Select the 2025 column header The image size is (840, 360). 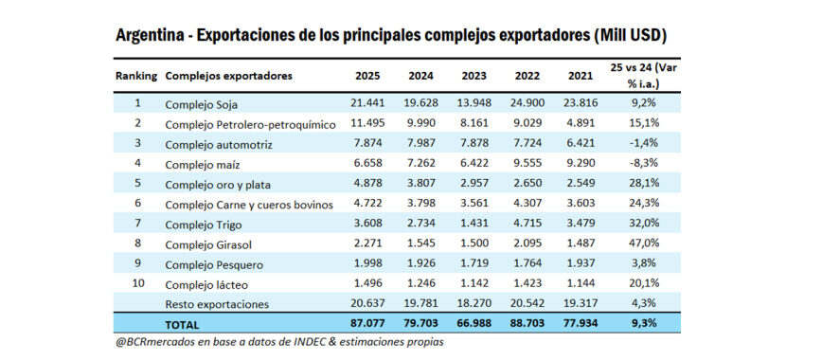[x=367, y=75]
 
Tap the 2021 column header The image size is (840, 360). [x=581, y=75]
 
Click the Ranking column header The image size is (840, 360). [x=136, y=75]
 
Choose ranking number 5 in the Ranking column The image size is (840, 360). [x=137, y=184]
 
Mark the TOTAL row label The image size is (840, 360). [x=184, y=323]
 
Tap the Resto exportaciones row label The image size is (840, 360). [x=217, y=304]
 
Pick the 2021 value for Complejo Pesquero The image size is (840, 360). [x=581, y=264]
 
